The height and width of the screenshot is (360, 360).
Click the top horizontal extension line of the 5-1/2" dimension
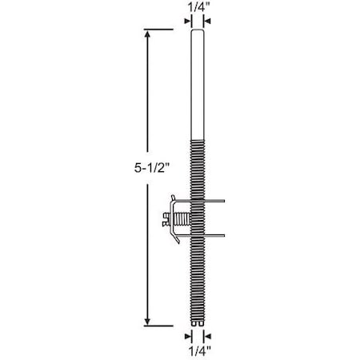pyautogui.click(x=160, y=30)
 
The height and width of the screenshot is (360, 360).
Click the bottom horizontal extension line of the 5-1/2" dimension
pyautogui.click(x=160, y=326)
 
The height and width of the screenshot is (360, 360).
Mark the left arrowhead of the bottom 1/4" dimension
pyautogui.click(x=190, y=337)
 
